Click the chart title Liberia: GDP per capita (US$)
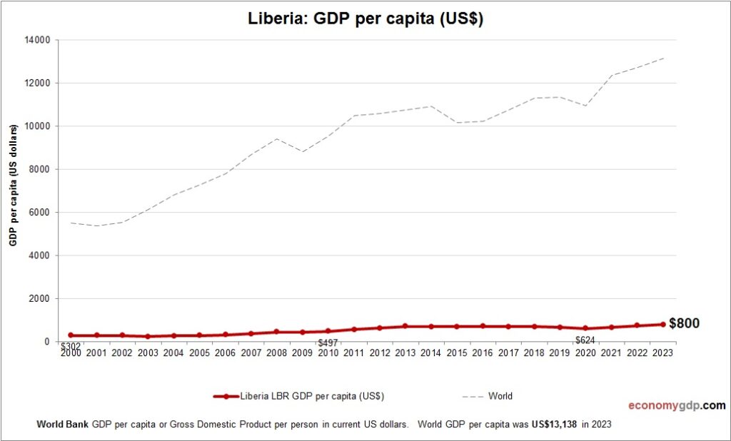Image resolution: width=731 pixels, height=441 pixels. coord(365,19)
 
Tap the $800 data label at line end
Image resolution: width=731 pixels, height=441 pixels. coord(684,323)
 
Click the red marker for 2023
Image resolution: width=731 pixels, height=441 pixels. coord(662,325)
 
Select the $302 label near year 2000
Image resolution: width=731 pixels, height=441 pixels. coord(70,346)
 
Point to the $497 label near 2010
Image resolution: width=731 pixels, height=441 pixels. coord(328,343)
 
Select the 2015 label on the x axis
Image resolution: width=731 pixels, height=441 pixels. coord(456,353)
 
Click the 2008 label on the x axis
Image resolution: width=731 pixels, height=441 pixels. coord(276,353)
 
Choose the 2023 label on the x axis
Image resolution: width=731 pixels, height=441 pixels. coord(662,353)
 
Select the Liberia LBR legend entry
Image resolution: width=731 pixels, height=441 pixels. coord(299,396)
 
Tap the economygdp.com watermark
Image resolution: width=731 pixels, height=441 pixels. coord(676,405)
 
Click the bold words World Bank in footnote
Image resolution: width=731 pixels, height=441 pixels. coord(62,424)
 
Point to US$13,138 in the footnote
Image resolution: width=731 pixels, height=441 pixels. coord(554,424)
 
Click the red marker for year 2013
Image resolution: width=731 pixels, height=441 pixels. coord(405,326)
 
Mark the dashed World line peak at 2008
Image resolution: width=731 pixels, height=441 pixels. coord(276,138)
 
